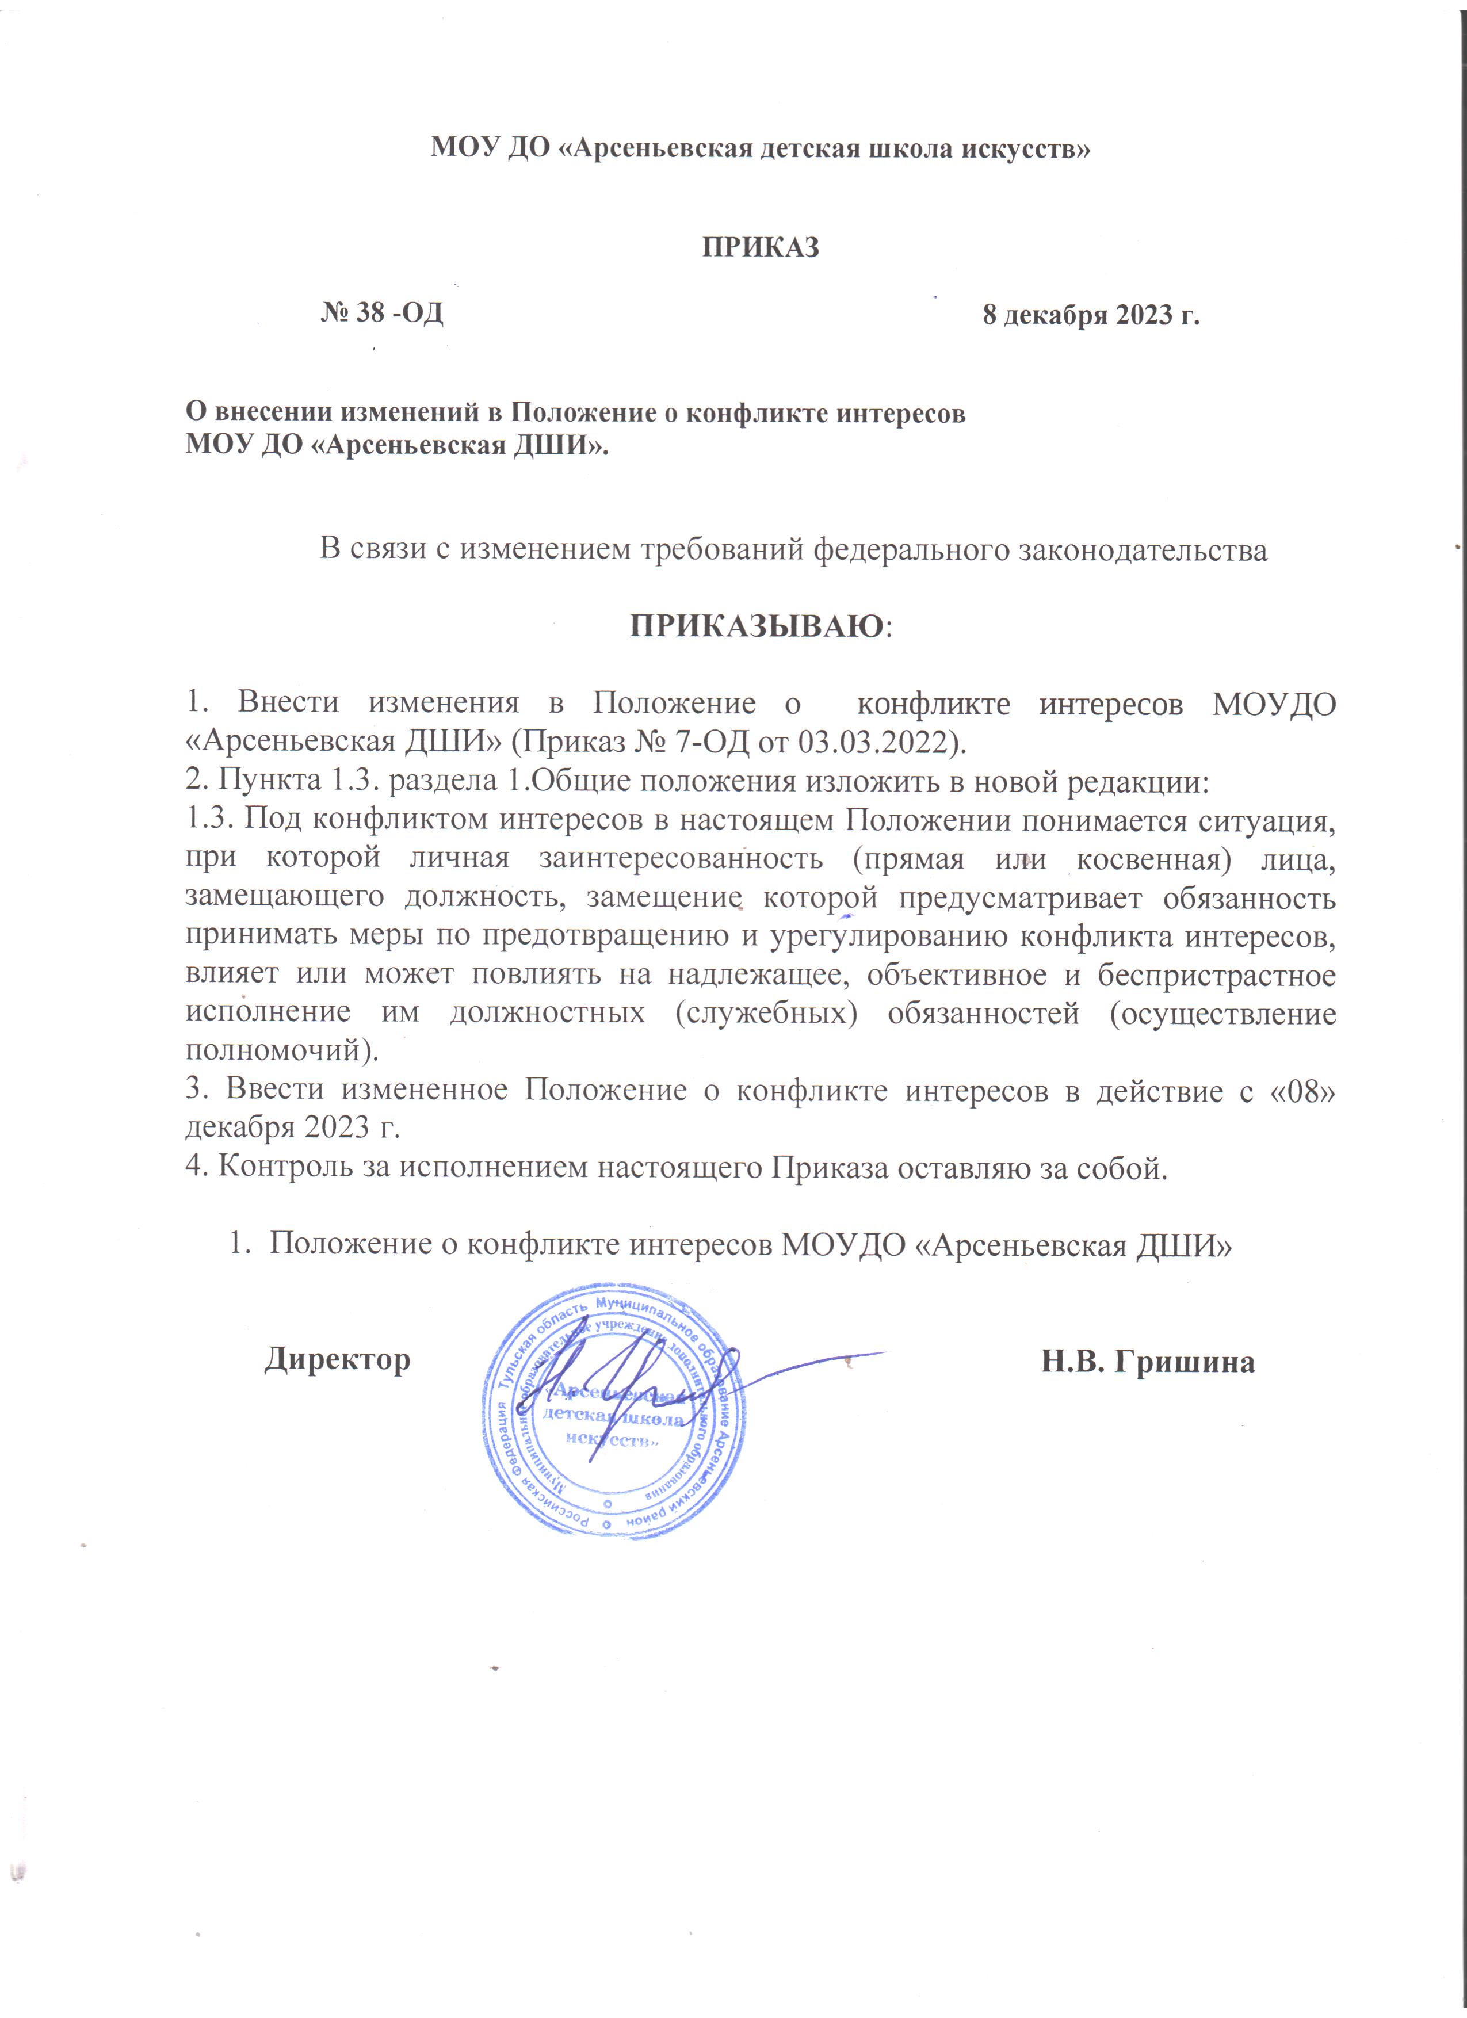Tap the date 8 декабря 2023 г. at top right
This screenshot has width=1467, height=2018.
[x=1091, y=315]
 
